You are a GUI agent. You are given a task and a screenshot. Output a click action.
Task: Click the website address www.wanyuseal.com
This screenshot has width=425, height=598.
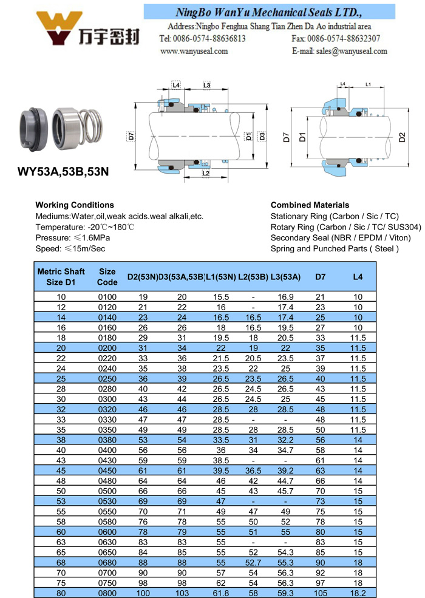[x=194, y=52]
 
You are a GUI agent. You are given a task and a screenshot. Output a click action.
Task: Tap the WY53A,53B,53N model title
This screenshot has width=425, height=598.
[x=63, y=171]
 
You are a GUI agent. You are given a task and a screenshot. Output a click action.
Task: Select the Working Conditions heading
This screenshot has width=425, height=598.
[x=75, y=205]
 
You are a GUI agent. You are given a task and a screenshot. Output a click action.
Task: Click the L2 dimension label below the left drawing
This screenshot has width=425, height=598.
[x=205, y=174]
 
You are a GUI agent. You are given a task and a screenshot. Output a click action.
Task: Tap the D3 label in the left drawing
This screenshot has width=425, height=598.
[x=262, y=135]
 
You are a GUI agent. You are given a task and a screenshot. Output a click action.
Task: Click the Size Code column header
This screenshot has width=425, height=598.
[x=107, y=277]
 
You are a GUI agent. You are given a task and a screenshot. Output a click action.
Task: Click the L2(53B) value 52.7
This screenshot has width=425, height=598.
[x=253, y=562]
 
